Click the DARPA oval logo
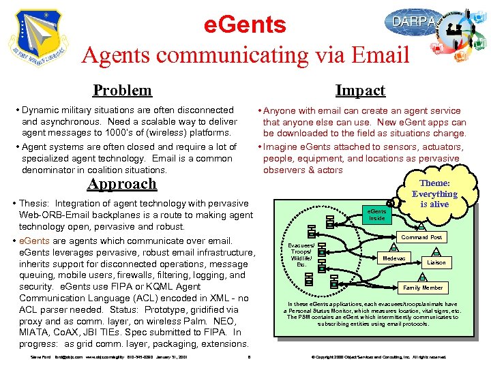413,22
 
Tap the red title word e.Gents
245,25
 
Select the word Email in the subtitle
378,55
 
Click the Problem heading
122,90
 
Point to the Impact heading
360,90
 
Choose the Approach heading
122,184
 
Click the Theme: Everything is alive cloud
434,194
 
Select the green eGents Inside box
377,215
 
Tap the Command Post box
421,237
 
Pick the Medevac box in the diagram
394,259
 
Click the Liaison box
436,262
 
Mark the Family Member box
423,288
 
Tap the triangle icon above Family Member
422,277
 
